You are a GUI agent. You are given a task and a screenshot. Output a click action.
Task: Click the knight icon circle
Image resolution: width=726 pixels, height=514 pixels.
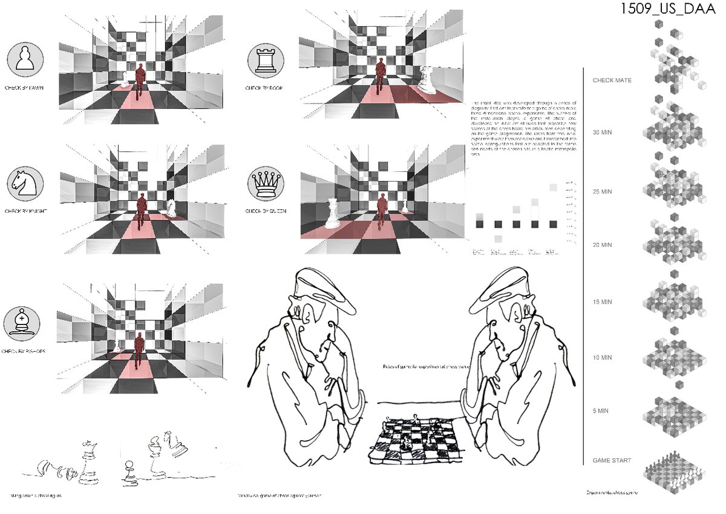(24, 184)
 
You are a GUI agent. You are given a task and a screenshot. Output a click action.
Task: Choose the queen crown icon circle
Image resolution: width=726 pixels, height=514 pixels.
(264, 183)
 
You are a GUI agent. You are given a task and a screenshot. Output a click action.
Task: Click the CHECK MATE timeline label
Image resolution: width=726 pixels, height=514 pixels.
(613, 80)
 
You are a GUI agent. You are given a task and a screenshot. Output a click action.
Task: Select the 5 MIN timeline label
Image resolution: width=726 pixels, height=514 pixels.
(601, 411)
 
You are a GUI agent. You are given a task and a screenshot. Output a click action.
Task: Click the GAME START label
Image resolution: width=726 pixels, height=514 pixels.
(612, 461)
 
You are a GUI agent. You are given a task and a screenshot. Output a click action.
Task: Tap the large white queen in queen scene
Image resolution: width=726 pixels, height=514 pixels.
(332, 213)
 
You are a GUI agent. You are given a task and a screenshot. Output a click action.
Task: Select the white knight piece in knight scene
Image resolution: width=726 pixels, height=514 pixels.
(172, 208)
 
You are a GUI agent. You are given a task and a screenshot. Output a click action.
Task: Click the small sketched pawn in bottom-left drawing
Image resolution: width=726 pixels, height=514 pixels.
(128, 473)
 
